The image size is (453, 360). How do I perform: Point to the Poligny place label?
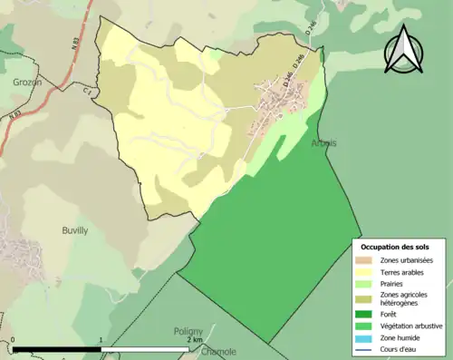188,332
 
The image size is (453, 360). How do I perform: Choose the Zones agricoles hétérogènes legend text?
404,299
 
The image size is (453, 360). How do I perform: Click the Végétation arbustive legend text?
410,326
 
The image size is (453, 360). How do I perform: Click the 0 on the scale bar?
14,342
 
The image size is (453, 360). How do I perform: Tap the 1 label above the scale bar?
101,342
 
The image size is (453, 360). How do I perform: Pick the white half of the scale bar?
145,350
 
